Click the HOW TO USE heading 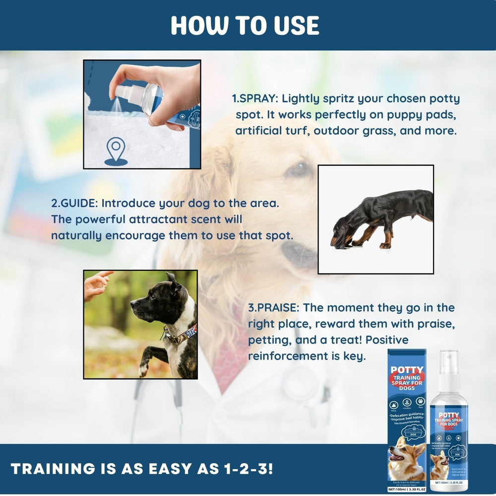point(245,25)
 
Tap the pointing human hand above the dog point(97,285)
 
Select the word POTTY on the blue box point(407,370)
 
